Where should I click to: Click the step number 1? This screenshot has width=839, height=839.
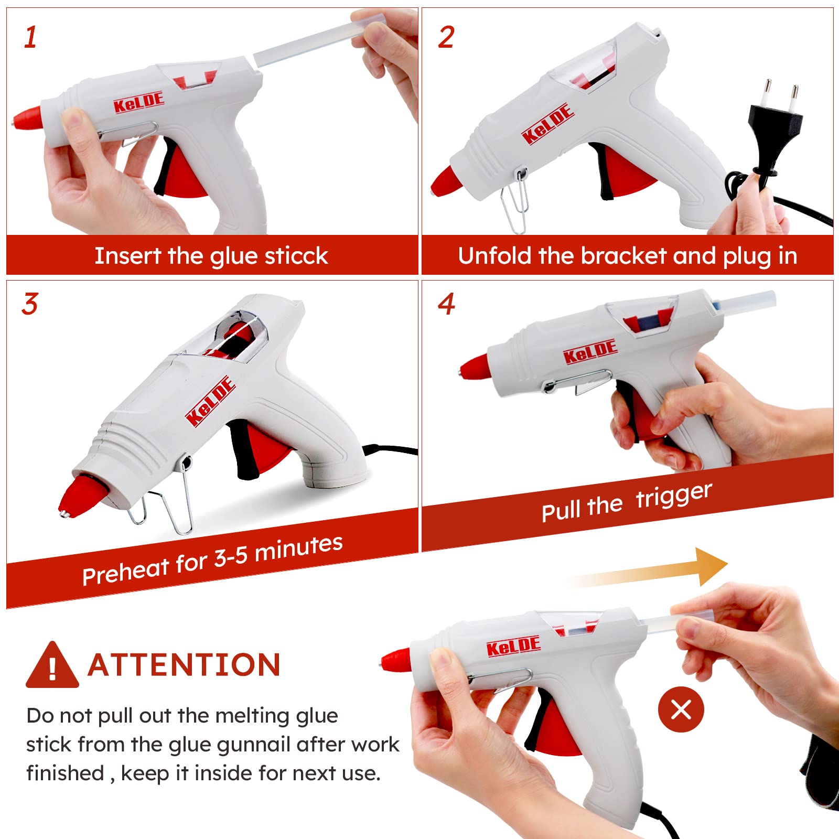pos(30,38)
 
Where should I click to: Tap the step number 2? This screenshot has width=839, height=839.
pos(446,38)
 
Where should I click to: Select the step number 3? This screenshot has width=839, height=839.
pos(30,304)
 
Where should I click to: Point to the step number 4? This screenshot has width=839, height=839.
pos(447,304)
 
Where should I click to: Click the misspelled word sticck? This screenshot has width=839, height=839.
pos(296,256)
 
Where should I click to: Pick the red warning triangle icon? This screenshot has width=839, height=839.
pos(52,665)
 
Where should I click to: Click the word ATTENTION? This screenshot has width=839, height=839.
pos(184,665)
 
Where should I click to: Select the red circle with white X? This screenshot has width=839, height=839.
pos(681,709)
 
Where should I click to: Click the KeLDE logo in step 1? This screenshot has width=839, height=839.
pos(139,103)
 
